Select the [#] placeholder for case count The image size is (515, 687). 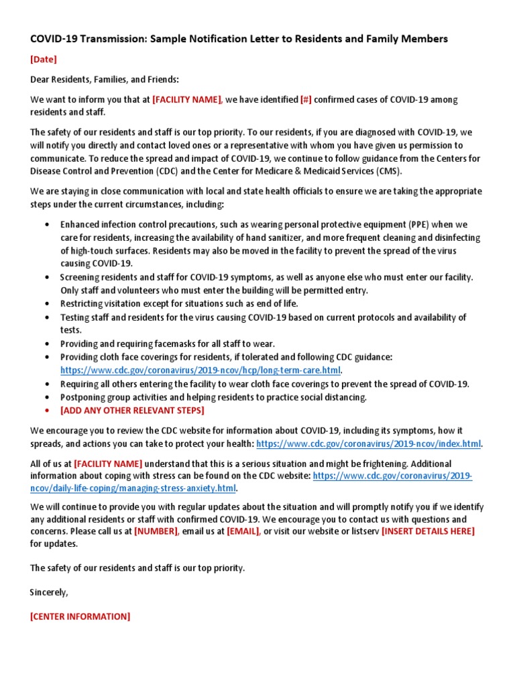(x=306, y=100)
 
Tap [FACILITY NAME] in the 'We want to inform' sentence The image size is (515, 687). (x=187, y=100)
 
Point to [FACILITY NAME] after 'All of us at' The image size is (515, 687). (x=108, y=464)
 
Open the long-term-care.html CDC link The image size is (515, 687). (x=201, y=370)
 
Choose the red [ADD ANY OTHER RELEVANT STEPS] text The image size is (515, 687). (x=132, y=410)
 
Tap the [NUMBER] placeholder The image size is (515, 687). (x=156, y=531)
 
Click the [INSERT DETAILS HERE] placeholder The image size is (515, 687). (x=428, y=531)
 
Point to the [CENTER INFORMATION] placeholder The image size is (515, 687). (x=80, y=616)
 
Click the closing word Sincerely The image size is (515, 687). (x=48, y=592)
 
